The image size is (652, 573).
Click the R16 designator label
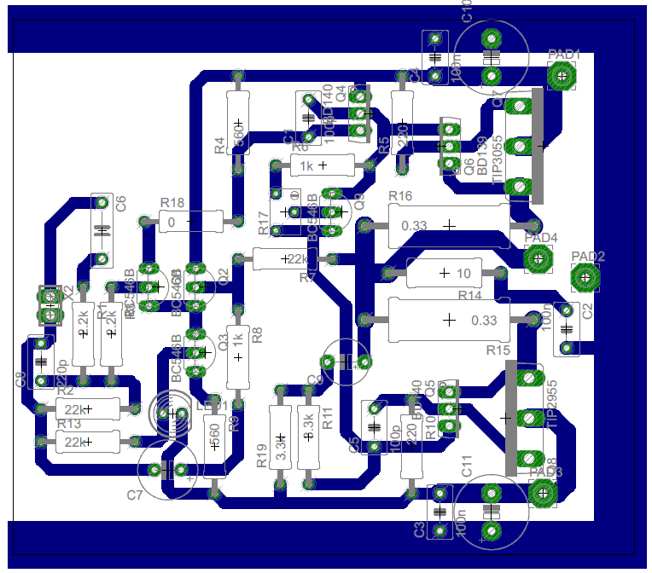tap(400, 197)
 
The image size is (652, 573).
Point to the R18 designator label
tap(172, 203)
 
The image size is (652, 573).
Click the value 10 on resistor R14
tap(464, 274)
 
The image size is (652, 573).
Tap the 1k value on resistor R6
tap(306, 165)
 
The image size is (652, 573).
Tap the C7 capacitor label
tap(135, 495)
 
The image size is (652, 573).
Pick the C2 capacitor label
tap(586, 312)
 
